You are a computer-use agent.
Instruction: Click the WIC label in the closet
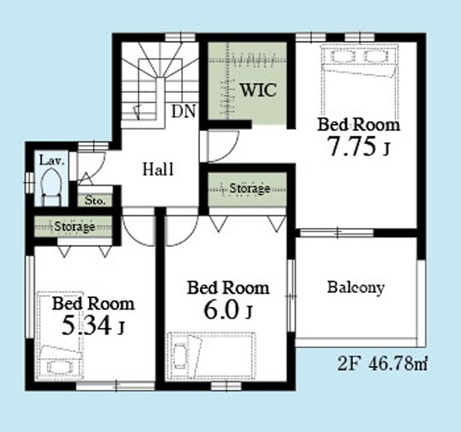tap(258, 91)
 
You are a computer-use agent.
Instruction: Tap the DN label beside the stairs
tap(184, 112)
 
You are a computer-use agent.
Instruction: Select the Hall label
tap(158, 170)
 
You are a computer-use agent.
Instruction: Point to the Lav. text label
tap(52, 160)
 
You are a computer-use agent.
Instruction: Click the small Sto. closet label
tap(95, 201)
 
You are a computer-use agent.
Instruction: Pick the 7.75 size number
tap(352, 146)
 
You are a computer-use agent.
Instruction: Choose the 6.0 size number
tap(221, 310)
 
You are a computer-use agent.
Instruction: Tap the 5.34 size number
tap(87, 325)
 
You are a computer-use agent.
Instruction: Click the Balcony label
tap(356, 287)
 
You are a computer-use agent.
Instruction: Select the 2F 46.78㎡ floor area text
tap(382, 364)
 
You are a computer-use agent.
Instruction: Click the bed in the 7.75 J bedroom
tap(359, 81)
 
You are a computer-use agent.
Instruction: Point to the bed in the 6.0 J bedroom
tap(211, 355)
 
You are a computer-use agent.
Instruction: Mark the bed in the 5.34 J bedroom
tap(59, 336)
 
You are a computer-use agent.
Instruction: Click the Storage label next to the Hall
tap(249, 188)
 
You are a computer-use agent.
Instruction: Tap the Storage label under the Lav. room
tap(75, 226)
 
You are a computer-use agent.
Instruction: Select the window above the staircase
tap(180, 38)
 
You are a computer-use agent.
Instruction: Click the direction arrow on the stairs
tap(137, 111)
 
